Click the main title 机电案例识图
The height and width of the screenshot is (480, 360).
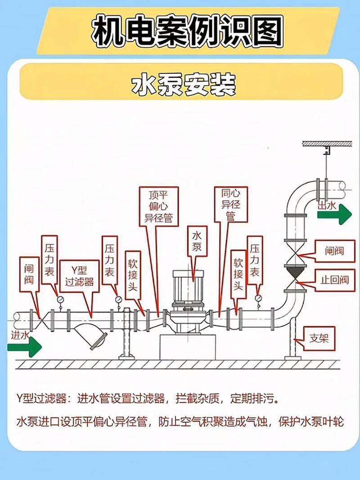[x=188, y=31]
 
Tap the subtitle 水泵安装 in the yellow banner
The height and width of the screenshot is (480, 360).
[x=183, y=85]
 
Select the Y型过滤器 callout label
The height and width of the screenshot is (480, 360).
[x=79, y=276]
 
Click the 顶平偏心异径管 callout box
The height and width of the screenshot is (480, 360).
[x=158, y=207]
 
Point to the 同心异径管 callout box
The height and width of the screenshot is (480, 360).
[x=231, y=205]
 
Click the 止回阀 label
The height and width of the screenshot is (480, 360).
[x=334, y=280]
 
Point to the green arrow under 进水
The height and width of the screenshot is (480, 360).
[x=24, y=347]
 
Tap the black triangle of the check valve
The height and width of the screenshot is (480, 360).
[x=296, y=272]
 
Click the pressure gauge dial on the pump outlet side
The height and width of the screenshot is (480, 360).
[x=258, y=298]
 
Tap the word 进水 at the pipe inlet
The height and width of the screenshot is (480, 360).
[x=20, y=335]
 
